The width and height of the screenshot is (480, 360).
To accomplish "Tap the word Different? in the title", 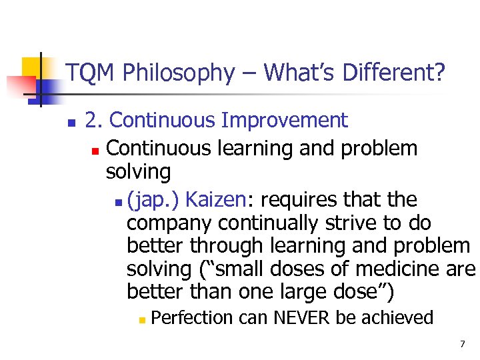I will [x=393, y=73].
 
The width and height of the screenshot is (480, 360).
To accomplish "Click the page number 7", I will [x=461, y=344].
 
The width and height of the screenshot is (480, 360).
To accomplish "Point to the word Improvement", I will [x=285, y=121].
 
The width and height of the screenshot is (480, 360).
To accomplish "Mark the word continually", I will [x=255, y=223].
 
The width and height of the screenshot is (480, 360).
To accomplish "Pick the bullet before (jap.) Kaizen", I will [x=117, y=201].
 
